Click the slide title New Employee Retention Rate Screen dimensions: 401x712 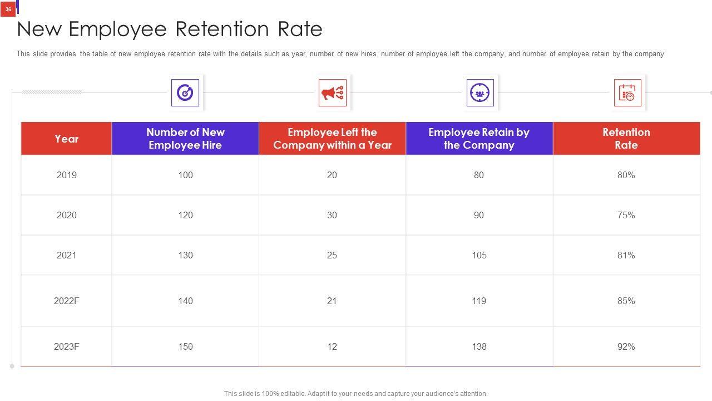tap(170, 29)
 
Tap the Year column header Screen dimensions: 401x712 tap(66, 139)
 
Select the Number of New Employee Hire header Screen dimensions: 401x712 tap(185, 139)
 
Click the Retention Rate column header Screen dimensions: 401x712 tap(626, 139)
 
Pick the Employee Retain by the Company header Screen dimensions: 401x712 tap(478, 139)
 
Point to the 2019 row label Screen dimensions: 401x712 tap(66, 175)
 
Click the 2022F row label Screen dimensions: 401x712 tap(66, 301)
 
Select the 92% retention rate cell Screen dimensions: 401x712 tap(626, 346)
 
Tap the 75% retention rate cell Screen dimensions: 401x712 tap(626, 215)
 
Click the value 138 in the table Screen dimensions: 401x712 tap(478, 346)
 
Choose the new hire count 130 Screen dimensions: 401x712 tap(185, 255)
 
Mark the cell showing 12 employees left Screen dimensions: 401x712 tap(332, 346)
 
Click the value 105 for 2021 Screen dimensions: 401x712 tap(478, 255)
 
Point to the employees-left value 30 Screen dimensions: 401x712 tap(332, 215)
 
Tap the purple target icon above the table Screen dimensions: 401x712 tap(185, 92)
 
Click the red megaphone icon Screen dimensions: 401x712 tap(333, 92)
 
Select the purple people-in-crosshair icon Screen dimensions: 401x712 tap(480, 92)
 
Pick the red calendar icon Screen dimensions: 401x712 tap(627, 92)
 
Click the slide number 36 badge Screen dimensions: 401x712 tap(8, 9)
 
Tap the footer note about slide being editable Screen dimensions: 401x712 tap(355, 394)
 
